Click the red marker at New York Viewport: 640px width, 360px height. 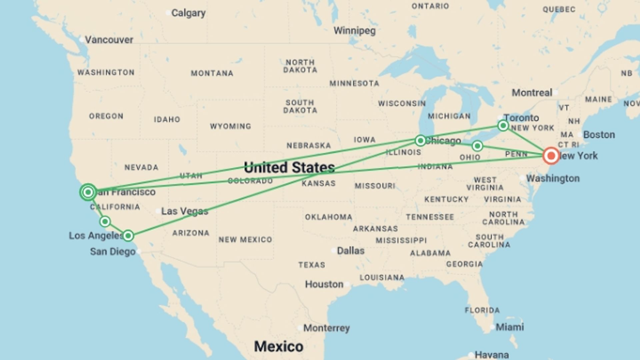coord(551,156)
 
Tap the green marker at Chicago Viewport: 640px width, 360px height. coord(420,141)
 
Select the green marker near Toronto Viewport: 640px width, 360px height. coord(503,126)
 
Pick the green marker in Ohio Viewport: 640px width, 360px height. coord(477,146)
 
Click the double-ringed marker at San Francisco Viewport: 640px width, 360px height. coord(88,192)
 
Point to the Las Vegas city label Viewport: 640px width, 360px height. coord(185,211)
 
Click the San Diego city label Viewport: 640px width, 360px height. coord(113,252)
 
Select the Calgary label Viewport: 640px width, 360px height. coord(188,13)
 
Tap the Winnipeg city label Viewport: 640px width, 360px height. coord(354,31)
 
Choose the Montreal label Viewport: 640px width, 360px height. coord(532,93)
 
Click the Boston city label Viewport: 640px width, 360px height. coord(599,135)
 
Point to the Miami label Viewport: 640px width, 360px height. coord(510,327)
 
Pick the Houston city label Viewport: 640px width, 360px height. coord(324,284)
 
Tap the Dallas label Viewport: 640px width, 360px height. coord(351,251)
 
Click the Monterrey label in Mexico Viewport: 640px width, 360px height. coord(326,328)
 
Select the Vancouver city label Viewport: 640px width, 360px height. coord(109,40)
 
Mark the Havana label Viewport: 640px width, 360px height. coord(492,354)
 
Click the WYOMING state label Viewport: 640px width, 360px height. coord(230,126)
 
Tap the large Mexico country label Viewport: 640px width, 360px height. coord(279,347)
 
